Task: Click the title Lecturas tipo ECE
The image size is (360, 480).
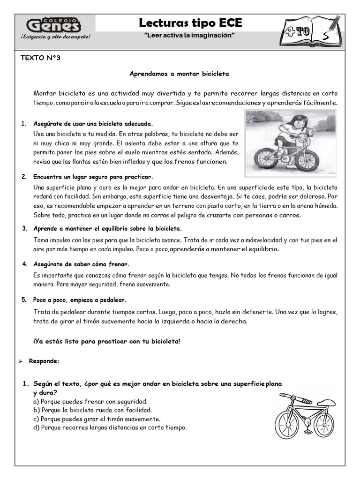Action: [191, 23]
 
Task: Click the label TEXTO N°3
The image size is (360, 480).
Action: [41, 58]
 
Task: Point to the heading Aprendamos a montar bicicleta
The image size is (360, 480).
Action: [179, 74]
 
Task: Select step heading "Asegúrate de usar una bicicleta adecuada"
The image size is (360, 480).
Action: [93, 124]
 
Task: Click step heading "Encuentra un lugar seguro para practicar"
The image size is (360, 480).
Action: [93, 177]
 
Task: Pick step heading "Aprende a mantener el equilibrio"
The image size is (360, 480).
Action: [107, 228]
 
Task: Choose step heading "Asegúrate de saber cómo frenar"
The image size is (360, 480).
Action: [81, 264]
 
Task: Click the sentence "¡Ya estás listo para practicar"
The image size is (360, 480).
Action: [106, 341]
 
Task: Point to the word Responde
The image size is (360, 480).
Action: [44, 361]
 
